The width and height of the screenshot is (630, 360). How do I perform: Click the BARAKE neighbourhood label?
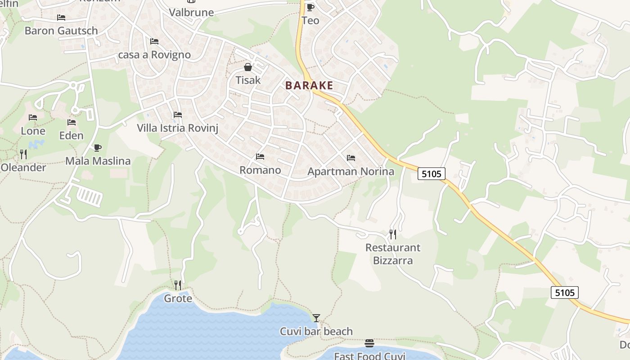(x=310, y=85)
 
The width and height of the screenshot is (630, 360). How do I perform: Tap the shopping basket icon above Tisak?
(x=248, y=67)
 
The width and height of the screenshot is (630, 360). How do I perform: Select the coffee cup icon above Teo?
(x=310, y=7)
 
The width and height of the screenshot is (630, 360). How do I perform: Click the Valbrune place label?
(x=191, y=12)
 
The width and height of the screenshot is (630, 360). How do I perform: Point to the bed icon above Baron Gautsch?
(x=61, y=18)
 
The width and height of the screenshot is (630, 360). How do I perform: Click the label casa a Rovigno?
(x=154, y=55)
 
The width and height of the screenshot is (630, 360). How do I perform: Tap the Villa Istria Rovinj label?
(x=177, y=128)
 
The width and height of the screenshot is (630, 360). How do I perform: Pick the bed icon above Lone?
(x=33, y=117)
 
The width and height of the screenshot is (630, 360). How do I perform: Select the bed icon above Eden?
(x=72, y=122)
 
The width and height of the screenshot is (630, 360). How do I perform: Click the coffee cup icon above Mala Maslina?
(x=98, y=148)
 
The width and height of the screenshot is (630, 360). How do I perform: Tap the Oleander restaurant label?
(x=23, y=168)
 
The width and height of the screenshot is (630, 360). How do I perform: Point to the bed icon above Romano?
(x=260, y=157)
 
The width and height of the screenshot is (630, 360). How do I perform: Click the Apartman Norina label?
(x=351, y=171)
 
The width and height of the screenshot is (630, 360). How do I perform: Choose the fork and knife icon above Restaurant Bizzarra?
(x=393, y=234)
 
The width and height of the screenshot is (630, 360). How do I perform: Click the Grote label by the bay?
(x=178, y=298)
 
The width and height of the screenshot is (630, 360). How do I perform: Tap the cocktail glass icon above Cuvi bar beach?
(x=316, y=318)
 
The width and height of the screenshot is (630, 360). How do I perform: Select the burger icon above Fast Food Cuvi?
(x=369, y=343)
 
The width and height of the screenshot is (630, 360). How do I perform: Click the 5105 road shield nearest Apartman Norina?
(x=432, y=173)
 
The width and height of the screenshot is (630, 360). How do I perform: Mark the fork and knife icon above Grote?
(x=178, y=285)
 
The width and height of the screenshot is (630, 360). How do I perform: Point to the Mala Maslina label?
(x=98, y=161)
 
